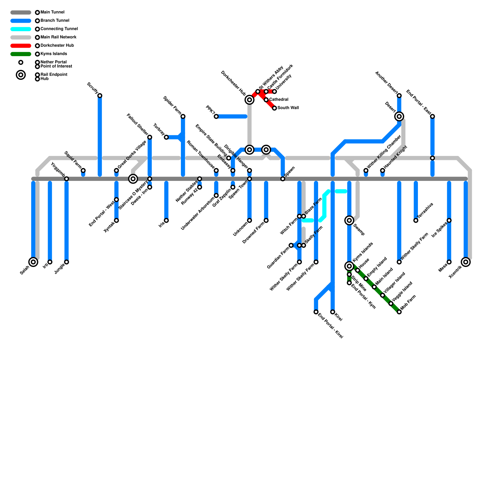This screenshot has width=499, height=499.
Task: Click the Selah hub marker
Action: coord(33,262)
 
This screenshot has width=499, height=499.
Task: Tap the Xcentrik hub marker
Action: coord(466,262)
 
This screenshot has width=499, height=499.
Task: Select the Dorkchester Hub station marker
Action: coord(249,100)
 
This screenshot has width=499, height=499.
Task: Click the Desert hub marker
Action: coord(399,116)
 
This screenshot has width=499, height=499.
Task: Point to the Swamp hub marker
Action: coord(349,220)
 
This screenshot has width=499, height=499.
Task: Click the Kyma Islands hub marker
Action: coord(349,266)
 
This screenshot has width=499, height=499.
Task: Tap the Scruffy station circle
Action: coord(100,95)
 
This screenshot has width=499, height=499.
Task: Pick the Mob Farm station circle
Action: coord(399,312)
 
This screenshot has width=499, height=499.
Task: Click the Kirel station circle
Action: coord(332,312)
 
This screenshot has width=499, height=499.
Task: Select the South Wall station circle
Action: coord(274,108)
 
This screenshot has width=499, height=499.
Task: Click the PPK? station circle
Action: coord(216,117)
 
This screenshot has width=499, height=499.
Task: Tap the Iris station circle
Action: coord(166,220)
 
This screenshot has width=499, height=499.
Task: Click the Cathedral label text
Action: coord(279,99)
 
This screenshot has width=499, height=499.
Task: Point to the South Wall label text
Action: coord(288,108)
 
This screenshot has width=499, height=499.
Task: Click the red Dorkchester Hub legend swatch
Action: coord(21,46)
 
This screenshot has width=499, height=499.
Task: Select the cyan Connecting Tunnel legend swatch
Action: coord(21,29)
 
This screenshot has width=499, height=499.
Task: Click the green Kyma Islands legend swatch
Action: coord(21,54)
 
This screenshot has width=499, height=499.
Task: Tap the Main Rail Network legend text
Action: coord(58,37)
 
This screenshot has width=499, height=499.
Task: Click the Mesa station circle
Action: coord(449,262)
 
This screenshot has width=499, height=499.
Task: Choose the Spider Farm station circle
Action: coord(183,117)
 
